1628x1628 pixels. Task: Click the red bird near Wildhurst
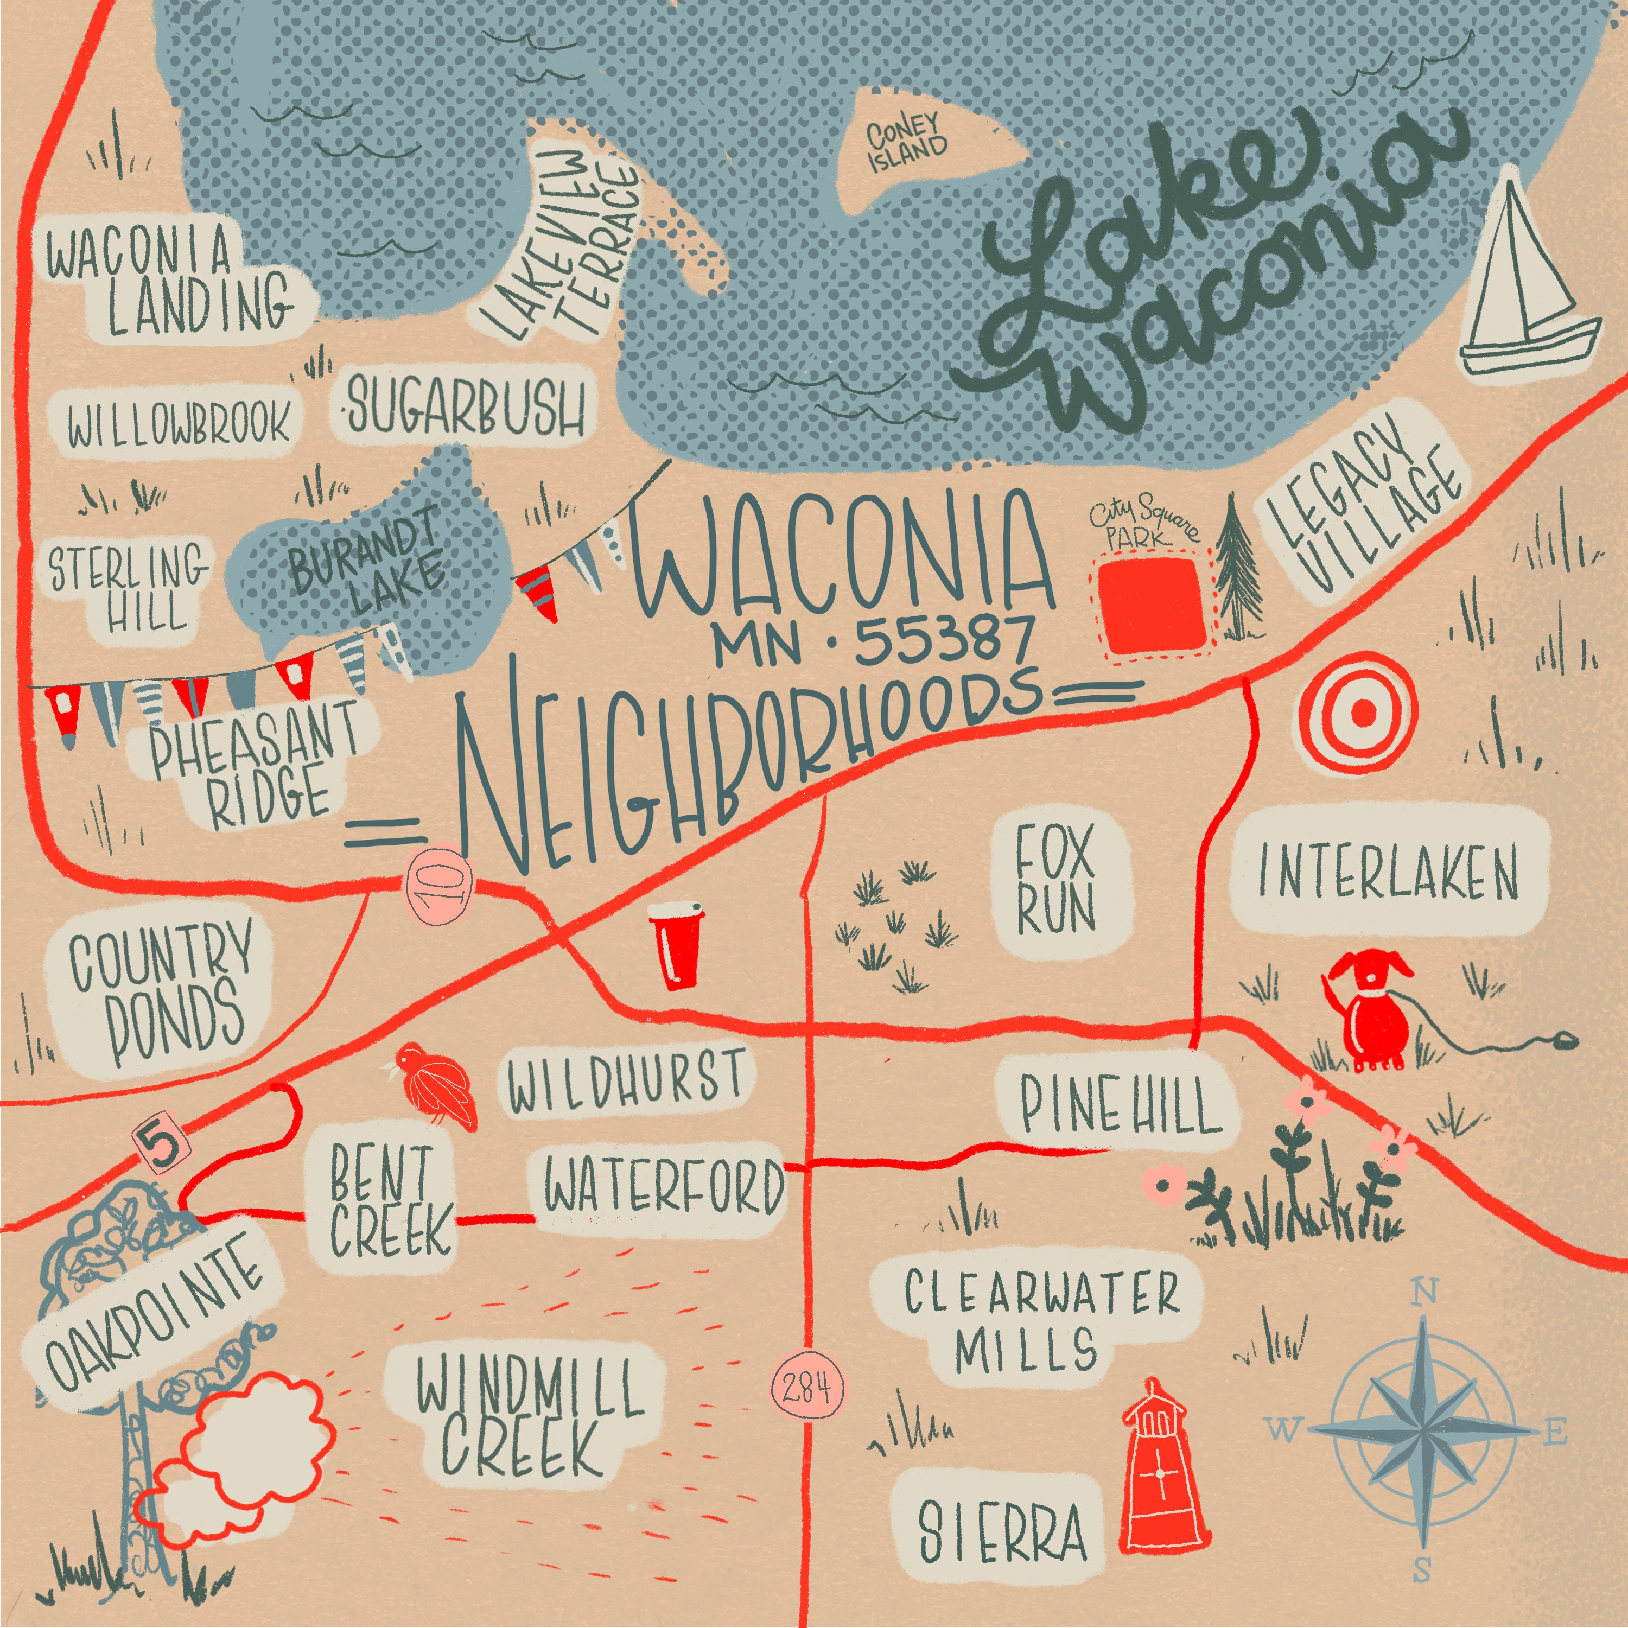[436, 1085]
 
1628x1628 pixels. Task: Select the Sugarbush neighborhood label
[465, 405]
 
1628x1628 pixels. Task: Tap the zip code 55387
[944, 640]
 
